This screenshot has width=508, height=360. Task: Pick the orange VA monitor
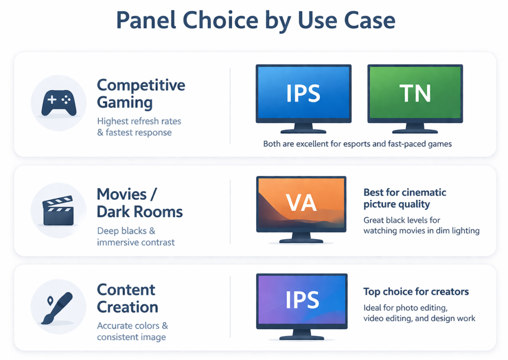pos(301,203)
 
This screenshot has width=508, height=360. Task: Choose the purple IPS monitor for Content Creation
pos(301,300)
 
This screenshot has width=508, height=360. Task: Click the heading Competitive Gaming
pos(141,93)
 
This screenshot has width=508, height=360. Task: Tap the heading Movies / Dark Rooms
pos(139,202)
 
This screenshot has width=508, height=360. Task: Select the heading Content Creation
pos(127,298)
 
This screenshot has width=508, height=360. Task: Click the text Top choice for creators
pos(416,292)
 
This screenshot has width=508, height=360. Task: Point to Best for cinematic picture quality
pos(405,198)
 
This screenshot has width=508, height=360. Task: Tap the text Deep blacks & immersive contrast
pos(136,237)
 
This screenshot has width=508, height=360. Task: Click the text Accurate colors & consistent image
pos(132,331)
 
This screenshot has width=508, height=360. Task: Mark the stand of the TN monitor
pos(415,128)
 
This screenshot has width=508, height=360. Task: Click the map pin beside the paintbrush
pos(50,301)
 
